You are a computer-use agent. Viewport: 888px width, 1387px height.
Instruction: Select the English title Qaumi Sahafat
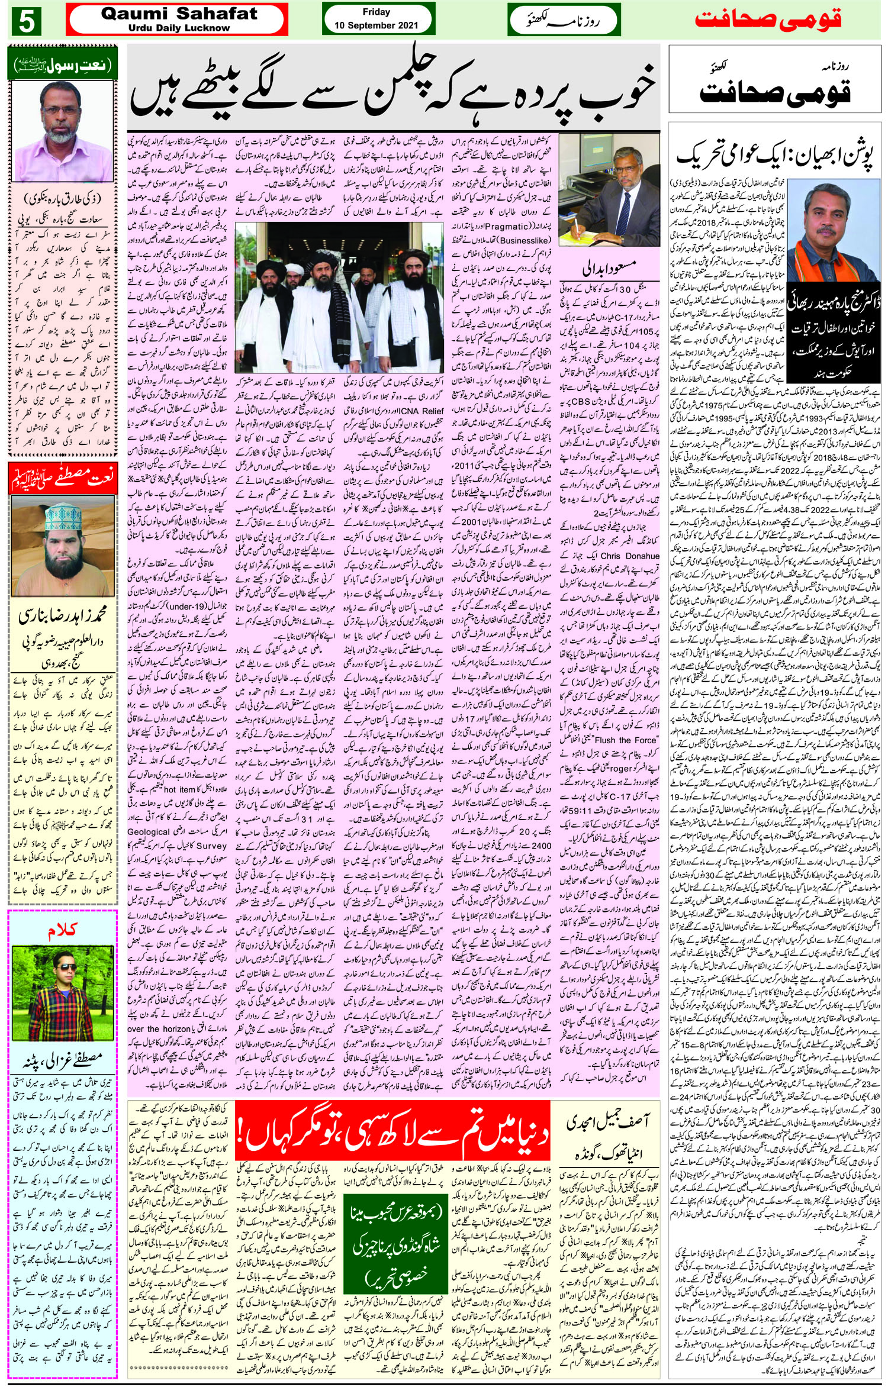[179, 15]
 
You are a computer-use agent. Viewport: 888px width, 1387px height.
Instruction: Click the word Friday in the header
[377, 12]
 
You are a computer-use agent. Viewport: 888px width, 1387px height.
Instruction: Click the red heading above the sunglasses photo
[62, 931]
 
